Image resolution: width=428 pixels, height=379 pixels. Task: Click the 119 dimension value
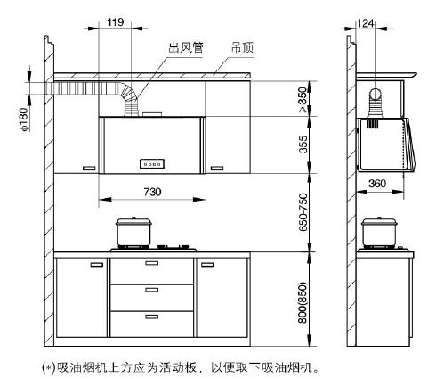pos(116,22)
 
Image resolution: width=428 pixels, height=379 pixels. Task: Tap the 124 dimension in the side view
pos(365,23)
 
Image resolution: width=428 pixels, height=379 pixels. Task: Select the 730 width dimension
pos(152,192)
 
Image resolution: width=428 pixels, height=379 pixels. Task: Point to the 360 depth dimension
pos(377,184)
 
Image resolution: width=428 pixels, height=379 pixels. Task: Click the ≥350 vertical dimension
pos(303,100)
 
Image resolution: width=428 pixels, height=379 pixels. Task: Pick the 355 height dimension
pos(303,144)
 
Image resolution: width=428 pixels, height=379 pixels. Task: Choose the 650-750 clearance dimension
pos(303,212)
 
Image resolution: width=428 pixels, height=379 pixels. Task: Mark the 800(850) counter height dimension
pos(303,302)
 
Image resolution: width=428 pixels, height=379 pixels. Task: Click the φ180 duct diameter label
pos(24,119)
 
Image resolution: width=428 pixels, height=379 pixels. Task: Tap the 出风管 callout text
pos(186,47)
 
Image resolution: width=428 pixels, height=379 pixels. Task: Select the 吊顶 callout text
pos(242,47)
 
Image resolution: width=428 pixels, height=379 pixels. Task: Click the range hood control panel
pos(152,164)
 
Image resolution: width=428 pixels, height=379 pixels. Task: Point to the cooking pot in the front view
pos(133,233)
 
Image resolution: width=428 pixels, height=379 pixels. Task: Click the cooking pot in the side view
pos(379,233)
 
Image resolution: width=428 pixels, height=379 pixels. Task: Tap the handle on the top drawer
pos(152,263)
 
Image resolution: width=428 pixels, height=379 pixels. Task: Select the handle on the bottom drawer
pos(152,317)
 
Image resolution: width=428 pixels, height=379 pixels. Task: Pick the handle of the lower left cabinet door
pos(97,265)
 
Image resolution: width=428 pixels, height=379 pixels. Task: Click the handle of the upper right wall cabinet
pos(217,169)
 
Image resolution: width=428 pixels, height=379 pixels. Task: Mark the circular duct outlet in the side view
pos(376,94)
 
